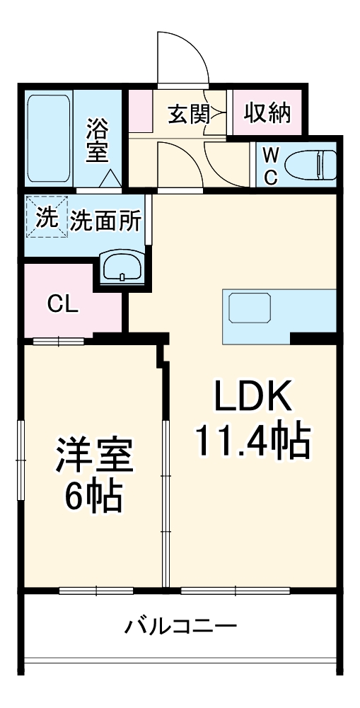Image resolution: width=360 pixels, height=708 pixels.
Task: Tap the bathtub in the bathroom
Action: (48, 139)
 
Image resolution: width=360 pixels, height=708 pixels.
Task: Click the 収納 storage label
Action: (267, 113)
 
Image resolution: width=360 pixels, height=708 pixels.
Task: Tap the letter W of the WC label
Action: (270, 155)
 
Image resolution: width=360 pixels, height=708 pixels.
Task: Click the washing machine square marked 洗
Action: (46, 217)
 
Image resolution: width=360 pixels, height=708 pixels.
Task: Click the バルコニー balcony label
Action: (180, 627)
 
